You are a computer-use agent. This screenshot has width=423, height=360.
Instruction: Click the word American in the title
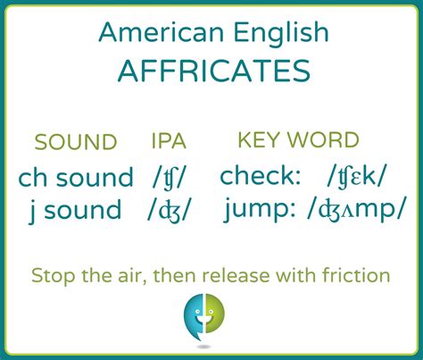point(162,32)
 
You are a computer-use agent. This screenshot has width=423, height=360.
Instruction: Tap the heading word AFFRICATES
point(214,71)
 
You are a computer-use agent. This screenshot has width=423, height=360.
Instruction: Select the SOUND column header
point(76,142)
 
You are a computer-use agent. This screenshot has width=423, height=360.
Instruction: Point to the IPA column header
point(169,141)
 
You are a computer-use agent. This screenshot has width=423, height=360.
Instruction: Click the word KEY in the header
point(260,139)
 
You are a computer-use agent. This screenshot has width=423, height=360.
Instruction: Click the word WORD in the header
point(323,139)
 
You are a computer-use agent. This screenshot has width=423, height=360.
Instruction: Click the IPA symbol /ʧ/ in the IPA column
point(169,178)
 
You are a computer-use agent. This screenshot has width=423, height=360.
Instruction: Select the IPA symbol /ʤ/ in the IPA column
point(168,211)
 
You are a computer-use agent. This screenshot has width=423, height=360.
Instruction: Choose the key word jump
point(260,210)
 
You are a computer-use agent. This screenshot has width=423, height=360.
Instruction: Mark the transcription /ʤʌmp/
point(356,210)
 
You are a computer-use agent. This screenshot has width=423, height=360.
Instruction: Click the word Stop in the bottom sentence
point(53,276)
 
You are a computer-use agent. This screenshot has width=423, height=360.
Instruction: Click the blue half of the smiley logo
point(194,316)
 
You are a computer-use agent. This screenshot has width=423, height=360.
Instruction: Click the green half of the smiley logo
point(214,314)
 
